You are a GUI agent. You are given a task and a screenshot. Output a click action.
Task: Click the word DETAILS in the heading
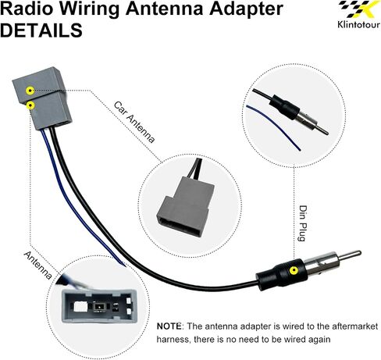[x=41, y=30]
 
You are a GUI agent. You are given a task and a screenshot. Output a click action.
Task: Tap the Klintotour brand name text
[x=358, y=24]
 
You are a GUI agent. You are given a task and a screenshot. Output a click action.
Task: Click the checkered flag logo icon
[x=359, y=9]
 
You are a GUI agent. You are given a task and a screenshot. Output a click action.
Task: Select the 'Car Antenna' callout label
[x=134, y=122]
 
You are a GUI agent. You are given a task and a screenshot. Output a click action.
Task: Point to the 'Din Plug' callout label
[x=303, y=223]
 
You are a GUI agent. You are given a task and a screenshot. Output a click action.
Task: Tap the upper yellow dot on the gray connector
[x=30, y=91]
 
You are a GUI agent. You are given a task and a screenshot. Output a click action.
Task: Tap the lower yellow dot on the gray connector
[x=31, y=105]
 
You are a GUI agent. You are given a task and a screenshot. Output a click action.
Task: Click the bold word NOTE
[x=169, y=326]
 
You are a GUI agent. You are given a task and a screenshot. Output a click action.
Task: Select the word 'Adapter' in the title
[x=246, y=9]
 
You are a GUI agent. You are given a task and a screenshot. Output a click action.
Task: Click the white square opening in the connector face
[x=80, y=306]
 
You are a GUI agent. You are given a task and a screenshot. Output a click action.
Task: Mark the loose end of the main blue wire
[x=124, y=265]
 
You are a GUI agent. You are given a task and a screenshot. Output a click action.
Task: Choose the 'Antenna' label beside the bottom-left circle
[x=38, y=266]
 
